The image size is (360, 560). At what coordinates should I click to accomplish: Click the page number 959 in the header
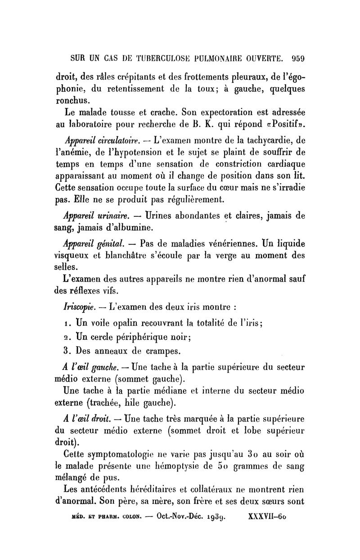(298, 58)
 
